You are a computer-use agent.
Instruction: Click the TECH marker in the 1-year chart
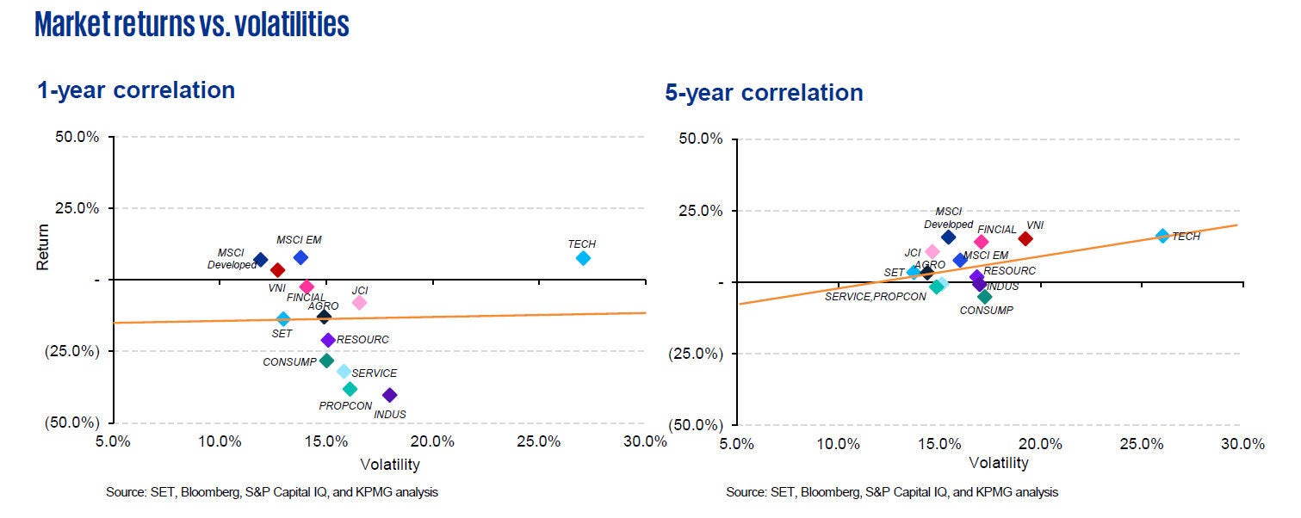coord(583,258)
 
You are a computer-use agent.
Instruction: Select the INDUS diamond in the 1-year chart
coord(389,395)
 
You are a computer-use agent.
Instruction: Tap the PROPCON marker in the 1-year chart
coord(350,389)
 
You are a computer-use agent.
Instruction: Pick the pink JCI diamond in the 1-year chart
coord(359,302)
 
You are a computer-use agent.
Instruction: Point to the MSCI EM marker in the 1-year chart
coord(300,257)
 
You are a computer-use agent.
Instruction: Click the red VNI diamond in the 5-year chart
coord(1025,238)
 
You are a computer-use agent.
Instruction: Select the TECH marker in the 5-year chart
coord(1162,236)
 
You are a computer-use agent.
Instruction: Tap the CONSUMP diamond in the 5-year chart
coord(985,297)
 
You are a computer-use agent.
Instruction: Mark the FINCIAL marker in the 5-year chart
coord(981,242)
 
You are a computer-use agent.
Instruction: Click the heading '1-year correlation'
coord(136,90)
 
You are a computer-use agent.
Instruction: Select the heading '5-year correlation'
coord(764,93)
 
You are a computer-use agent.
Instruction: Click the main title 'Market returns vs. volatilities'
coord(192,25)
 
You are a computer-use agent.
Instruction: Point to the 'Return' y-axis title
coord(43,248)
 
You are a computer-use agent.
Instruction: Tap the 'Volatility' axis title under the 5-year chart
coord(999,463)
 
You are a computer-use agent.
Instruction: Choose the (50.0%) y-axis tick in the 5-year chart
coord(695,425)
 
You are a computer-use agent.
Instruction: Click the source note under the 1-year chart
coord(272,492)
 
